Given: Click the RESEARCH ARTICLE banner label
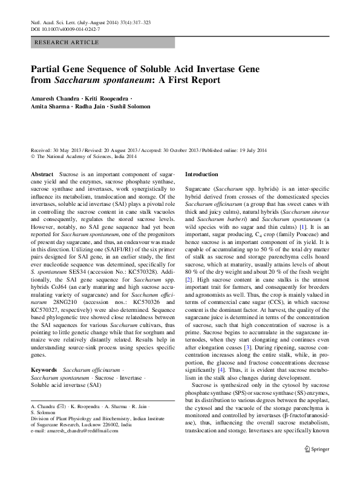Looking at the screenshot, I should pos(67,42).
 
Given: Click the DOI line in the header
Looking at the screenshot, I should pos(65,29).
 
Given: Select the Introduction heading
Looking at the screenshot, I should pos(201,174).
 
